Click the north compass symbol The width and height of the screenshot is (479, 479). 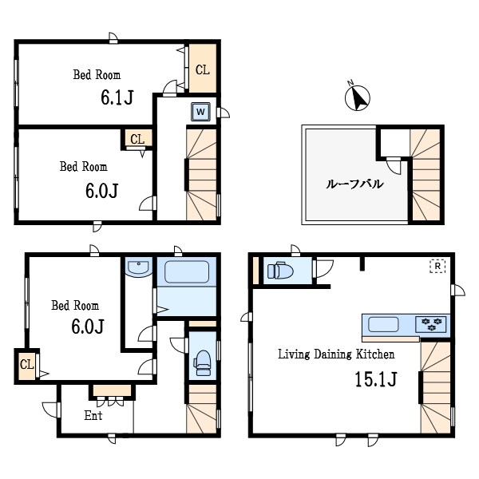(357, 97)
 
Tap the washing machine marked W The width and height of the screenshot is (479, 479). (200, 112)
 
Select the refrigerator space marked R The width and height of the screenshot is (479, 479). (437, 266)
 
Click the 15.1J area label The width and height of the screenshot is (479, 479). (376, 379)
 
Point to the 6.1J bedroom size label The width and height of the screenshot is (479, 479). (117, 97)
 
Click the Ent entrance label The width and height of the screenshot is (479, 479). (93, 415)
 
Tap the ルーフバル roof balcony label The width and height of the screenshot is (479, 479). (354, 184)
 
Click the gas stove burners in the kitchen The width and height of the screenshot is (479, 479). (431, 324)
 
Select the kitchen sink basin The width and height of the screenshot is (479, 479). (383, 324)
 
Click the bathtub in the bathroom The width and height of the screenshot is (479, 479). (187, 271)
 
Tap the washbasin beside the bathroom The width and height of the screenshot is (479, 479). (139, 268)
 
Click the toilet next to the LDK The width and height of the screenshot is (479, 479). (280, 271)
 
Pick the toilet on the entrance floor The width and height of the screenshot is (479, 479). (202, 362)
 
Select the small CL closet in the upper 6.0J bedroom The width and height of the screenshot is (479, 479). (138, 138)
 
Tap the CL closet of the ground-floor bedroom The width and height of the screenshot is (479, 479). (27, 366)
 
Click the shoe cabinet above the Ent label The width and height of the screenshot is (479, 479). (112, 390)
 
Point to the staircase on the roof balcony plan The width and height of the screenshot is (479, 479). (426, 174)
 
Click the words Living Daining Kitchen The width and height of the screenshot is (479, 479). (336, 354)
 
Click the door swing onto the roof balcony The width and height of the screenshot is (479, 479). (394, 165)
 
